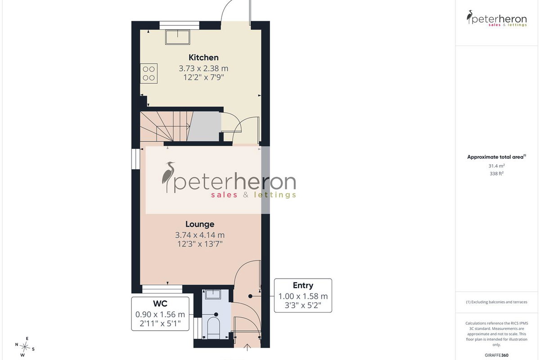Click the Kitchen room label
(203, 58)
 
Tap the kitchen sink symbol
(178, 37)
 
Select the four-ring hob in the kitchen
(149, 73)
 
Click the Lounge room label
(200, 224)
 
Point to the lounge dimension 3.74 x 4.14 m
(200, 235)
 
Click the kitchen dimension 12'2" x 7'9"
(203, 77)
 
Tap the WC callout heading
(160, 304)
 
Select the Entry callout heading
(303, 285)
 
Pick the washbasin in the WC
(212, 295)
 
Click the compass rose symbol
(25, 347)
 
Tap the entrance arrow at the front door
(247, 348)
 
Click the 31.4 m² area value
(496, 166)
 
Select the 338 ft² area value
(496, 174)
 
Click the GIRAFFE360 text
(496, 355)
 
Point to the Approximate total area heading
(496, 157)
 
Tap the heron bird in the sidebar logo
(469, 17)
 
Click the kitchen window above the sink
(180, 25)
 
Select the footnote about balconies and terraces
(496, 302)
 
